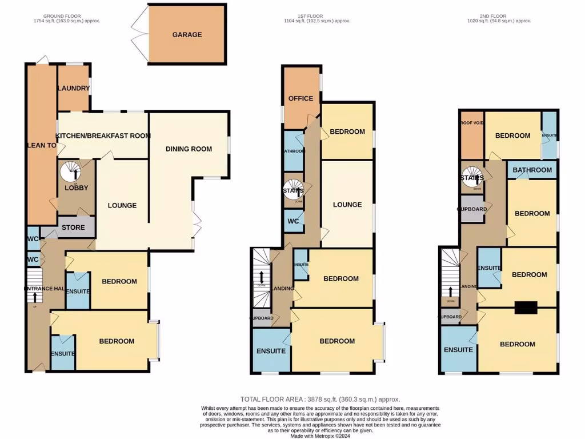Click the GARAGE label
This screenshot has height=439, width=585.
click(x=187, y=35)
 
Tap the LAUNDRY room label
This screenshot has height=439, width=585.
click(x=73, y=88)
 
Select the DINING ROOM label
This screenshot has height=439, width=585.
click(x=189, y=149)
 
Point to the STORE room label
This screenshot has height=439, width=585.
click(x=73, y=228)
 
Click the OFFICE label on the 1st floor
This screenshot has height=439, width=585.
click(x=300, y=98)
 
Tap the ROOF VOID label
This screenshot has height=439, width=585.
click(x=471, y=123)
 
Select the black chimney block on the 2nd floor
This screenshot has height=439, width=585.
click(x=526, y=308)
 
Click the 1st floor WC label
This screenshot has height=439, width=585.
click(x=294, y=221)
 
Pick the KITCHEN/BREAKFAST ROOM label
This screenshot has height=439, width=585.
click(x=103, y=135)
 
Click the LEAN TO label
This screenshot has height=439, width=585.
click(x=41, y=146)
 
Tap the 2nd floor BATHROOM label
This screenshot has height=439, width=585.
click(x=532, y=170)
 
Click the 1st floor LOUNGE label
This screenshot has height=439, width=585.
click(x=347, y=205)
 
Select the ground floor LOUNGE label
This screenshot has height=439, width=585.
click(x=122, y=205)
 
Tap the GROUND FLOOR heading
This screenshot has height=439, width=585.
click(x=62, y=16)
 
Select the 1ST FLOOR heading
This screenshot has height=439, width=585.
click(x=318, y=16)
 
